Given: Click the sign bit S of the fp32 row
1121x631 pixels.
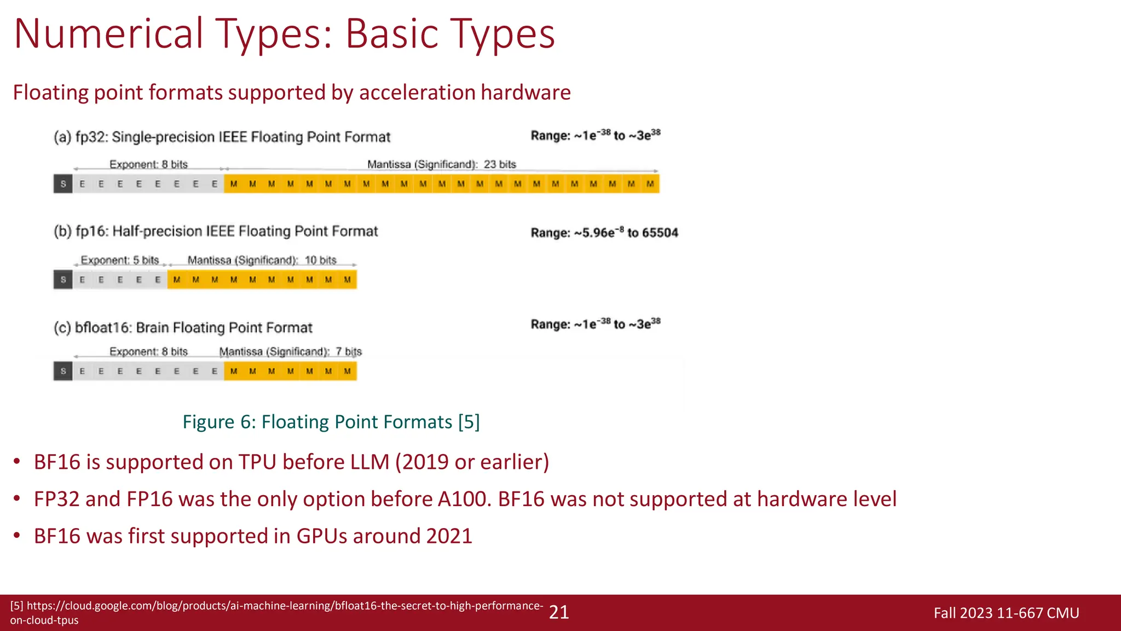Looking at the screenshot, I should [x=63, y=184].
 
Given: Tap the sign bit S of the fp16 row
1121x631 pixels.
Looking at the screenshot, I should [x=63, y=280].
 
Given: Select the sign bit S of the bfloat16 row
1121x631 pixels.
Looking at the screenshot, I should [x=63, y=371].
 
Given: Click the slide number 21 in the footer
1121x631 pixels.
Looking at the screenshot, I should [x=559, y=612].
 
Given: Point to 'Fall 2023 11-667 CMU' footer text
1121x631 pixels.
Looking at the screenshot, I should [x=1006, y=613].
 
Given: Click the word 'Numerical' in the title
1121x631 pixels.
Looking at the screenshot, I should [x=109, y=34].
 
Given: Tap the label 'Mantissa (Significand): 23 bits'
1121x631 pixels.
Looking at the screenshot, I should [x=441, y=164].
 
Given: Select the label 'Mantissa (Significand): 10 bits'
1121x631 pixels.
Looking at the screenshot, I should [x=262, y=260].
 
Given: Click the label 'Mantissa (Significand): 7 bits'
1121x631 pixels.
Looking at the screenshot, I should [x=290, y=352].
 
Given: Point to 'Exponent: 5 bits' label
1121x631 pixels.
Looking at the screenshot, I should [x=119, y=260].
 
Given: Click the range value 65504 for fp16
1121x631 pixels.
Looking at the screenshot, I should [x=660, y=233].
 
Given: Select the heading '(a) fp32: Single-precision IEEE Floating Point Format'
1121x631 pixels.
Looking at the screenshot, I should [x=222, y=137].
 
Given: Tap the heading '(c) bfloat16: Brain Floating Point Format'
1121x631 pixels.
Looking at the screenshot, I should [x=183, y=328].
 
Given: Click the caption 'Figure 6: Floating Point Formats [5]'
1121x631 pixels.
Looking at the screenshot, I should [x=331, y=422].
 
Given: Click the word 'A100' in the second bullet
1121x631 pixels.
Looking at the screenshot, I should [x=462, y=499].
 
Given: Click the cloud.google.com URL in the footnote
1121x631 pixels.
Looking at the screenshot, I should [x=276, y=612].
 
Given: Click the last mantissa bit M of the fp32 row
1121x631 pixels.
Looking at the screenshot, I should [x=650, y=184].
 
